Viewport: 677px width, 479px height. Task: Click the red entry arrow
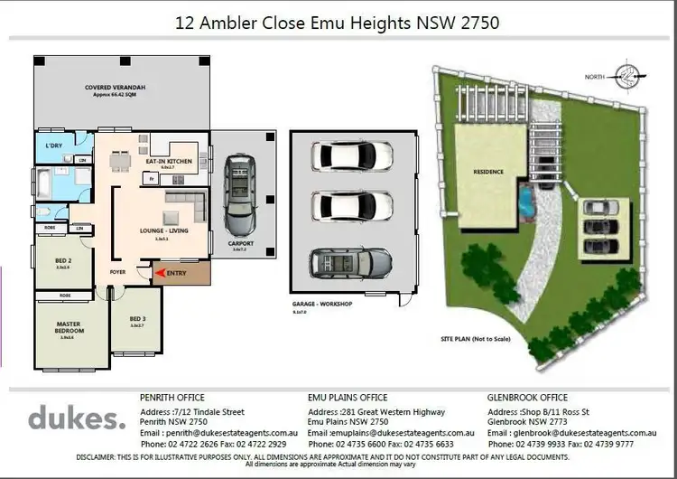click(x=161, y=271)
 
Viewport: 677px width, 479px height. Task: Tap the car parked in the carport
click(x=241, y=191)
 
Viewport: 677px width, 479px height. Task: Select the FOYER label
click(x=117, y=271)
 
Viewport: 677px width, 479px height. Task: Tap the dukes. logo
click(x=77, y=418)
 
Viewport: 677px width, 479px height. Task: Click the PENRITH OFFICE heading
click(x=172, y=397)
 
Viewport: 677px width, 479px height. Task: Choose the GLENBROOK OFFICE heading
click(x=528, y=397)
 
